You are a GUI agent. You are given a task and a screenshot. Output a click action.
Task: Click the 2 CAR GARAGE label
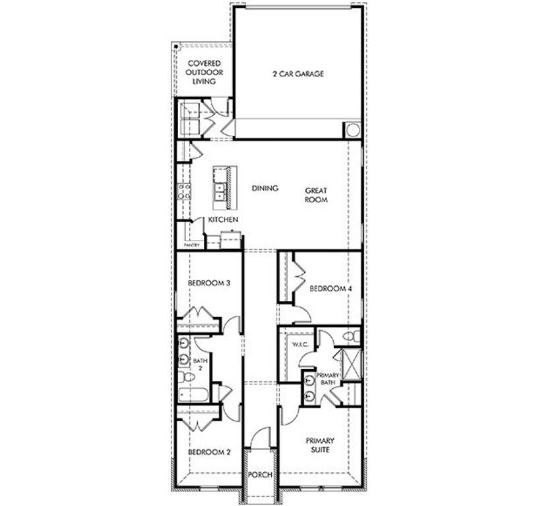[298, 74]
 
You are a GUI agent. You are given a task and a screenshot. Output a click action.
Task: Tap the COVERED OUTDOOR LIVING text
[203, 72]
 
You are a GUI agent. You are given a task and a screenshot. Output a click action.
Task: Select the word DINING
[265, 188]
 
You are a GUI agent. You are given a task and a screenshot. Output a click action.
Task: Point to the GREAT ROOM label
[316, 195]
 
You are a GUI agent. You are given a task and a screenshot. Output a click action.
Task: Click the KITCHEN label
[224, 219]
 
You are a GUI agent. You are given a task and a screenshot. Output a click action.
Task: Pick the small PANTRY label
[192, 245]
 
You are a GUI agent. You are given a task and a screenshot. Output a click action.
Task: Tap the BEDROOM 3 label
[208, 283]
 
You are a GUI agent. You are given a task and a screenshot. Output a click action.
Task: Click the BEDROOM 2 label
[208, 453]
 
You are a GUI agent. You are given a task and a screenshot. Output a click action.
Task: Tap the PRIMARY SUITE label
[320, 445]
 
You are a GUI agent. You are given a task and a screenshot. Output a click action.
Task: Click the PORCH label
[259, 475]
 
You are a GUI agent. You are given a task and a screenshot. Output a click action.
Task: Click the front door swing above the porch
[262, 436]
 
